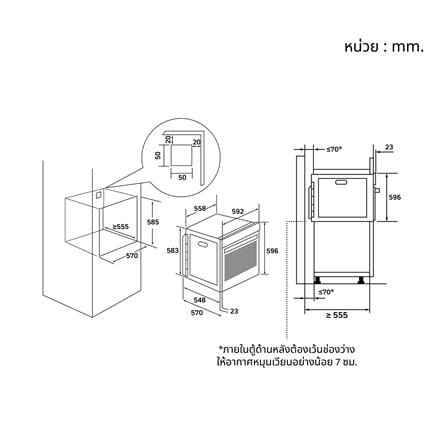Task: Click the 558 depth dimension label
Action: (x=200, y=208)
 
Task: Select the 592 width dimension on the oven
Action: (x=238, y=211)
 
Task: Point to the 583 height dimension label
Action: (x=173, y=251)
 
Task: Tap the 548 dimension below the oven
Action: (x=199, y=300)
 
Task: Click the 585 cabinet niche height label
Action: (x=153, y=222)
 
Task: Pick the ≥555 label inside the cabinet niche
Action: (x=120, y=227)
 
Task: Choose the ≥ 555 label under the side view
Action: (x=337, y=315)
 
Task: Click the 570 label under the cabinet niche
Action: (x=132, y=256)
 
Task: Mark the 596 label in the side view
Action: (x=395, y=197)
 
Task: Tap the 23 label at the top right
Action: (x=389, y=147)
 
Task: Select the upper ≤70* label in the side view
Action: (x=334, y=149)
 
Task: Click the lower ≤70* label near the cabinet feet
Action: (x=326, y=292)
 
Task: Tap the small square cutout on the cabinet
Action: (x=98, y=195)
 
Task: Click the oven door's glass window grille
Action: (x=241, y=260)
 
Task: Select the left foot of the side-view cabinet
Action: (x=317, y=280)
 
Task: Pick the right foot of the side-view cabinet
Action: (x=361, y=280)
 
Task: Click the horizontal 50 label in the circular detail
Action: (x=182, y=178)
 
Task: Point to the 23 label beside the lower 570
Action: (x=234, y=311)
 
